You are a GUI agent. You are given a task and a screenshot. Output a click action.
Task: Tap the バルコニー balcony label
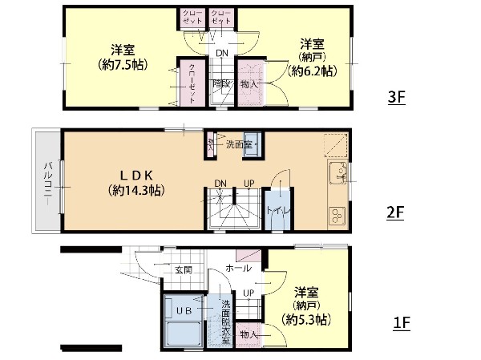click(x=47, y=184)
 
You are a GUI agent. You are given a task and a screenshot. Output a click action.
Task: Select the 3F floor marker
click(x=396, y=97)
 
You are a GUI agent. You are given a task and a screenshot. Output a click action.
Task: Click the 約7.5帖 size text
click(x=121, y=64)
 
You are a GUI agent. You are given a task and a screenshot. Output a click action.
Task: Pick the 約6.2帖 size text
click(x=311, y=71)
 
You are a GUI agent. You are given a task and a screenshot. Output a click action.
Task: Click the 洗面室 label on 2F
click(x=238, y=145)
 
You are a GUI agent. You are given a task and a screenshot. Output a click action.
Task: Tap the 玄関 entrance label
click(x=183, y=269)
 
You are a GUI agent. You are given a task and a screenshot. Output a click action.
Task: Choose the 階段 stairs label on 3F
click(x=222, y=83)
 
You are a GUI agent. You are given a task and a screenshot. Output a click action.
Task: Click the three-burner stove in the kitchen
click(x=337, y=214)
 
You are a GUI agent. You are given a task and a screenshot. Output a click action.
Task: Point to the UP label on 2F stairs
click(x=249, y=184)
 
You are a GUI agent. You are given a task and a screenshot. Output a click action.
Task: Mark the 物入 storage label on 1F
click(x=249, y=334)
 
